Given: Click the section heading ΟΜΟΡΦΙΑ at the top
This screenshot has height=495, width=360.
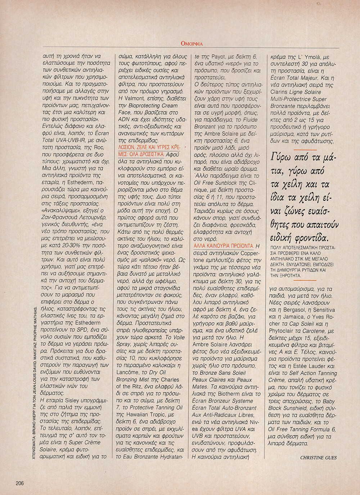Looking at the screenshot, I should tap(192, 44).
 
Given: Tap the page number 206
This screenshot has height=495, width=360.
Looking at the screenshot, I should tap(19, 483).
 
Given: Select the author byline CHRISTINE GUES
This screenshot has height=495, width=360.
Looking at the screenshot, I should tap(318, 458).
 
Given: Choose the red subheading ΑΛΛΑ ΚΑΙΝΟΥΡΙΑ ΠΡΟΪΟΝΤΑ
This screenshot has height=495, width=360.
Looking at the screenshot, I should tap(224, 246).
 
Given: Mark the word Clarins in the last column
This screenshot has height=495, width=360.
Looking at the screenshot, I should tap(279, 92).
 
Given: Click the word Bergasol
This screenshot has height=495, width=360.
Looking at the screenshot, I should tap(292, 310).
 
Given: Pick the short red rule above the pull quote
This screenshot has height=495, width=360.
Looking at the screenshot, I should tap(305, 150).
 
